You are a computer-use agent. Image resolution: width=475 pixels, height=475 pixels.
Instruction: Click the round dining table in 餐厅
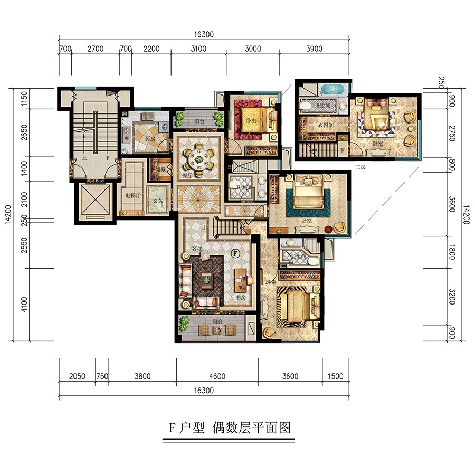coord(198,157)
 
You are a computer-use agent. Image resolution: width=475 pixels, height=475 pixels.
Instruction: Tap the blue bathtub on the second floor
coord(332,88)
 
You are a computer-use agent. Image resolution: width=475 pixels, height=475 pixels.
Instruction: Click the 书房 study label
coord(241,298)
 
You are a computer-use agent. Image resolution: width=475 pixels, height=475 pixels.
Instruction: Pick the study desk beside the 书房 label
coord(241,279)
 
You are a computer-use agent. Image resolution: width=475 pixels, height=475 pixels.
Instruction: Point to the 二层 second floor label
coord(360,167)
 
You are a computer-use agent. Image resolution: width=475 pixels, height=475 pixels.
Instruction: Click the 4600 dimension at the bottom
coord(217,376)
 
